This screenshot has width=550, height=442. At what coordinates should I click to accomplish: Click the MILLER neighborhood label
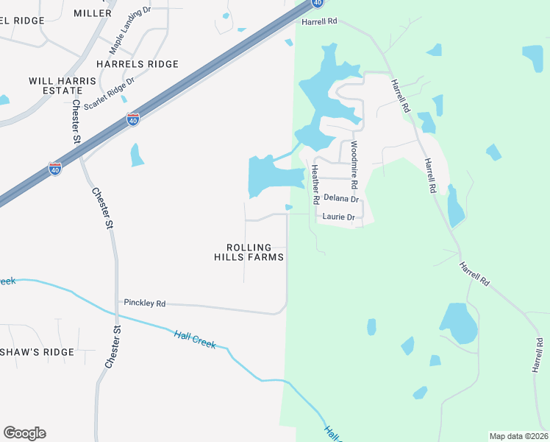(x=93, y=13)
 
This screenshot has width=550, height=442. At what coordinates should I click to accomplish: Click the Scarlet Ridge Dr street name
(x=110, y=94)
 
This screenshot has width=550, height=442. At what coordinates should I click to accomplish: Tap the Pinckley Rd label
(x=145, y=303)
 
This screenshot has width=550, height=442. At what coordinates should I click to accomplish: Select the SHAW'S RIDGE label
(x=37, y=352)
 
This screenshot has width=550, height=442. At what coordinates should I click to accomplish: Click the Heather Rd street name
(x=315, y=184)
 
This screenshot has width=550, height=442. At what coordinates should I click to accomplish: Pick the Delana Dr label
(x=341, y=199)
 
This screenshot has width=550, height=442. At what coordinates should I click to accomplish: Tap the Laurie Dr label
(x=338, y=217)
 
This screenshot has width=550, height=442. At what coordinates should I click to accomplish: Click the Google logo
(x=24, y=433)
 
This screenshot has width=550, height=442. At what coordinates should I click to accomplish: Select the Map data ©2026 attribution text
(x=518, y=436)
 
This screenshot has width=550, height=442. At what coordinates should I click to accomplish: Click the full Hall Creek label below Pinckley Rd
(x=195, y=339)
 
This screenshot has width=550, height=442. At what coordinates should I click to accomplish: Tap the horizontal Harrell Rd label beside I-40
(x=319, y=22)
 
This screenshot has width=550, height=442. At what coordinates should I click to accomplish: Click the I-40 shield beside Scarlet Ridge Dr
(x=133, y=119)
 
